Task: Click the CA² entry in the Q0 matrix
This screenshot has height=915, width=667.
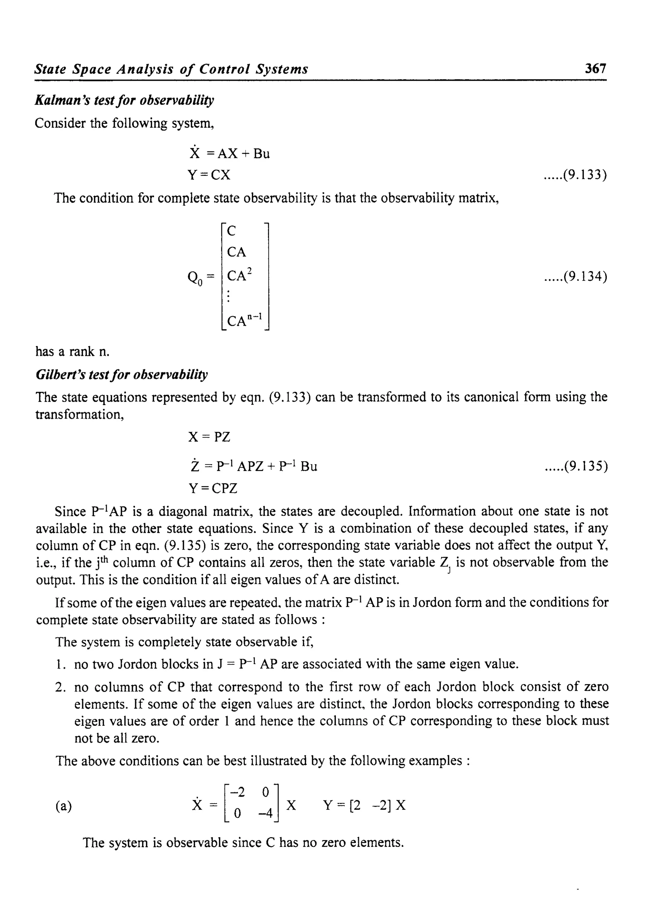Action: (x=239, y=276)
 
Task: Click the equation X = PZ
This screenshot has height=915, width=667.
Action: (x=209, y=437)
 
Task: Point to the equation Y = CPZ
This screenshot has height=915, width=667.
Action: (x=213, y=489)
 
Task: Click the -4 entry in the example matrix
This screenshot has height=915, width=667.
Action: (x=265, y=814)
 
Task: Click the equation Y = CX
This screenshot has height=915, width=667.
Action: (x=209, y=175)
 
